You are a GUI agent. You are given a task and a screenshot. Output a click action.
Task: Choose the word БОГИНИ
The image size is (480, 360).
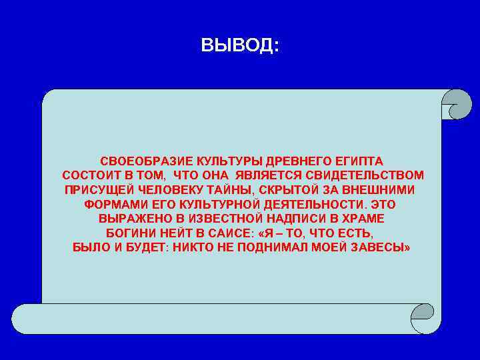[131, 233]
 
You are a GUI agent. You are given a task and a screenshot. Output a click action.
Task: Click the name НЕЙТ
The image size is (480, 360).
[179, 233]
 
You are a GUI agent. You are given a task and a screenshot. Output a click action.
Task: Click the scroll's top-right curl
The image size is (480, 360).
[457, 104]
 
